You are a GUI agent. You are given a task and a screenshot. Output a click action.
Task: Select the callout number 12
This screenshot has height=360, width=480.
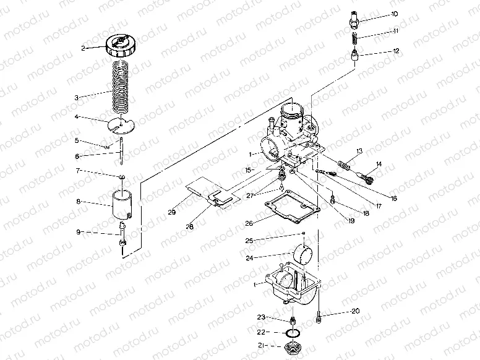[396, 52]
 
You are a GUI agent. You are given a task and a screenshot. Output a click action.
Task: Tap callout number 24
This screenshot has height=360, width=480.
[250, 258]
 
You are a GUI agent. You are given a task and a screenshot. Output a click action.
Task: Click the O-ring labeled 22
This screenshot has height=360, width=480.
[291, 334]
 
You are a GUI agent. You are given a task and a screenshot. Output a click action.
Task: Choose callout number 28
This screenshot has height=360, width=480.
[189, 227]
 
